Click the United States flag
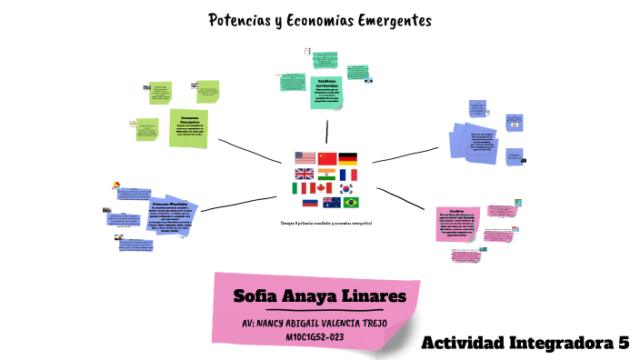304,158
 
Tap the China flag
326,158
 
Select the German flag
348,158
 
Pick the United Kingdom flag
304,174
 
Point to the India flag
326,174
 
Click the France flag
348,174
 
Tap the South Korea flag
346,188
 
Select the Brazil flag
349,203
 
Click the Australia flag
329,203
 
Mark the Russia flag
309,203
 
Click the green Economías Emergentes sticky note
190,126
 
